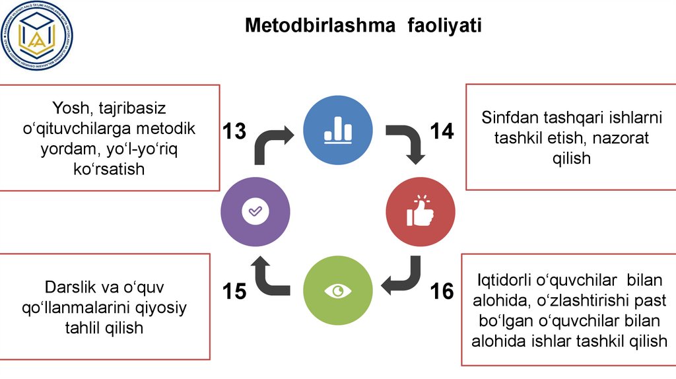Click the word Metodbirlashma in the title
(320, 26)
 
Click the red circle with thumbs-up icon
(421, 211)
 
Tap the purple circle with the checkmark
(255, 211)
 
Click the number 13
(234, 131)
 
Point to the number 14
(442, 131)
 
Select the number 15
(234, 291)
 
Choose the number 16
(442, 291)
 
